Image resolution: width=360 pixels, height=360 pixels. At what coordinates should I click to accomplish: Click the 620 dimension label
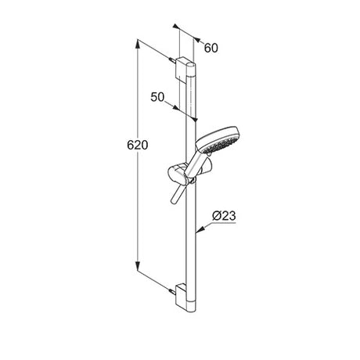(x=138, y=145)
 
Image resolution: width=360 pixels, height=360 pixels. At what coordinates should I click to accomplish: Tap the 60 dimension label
(x=211, y=48)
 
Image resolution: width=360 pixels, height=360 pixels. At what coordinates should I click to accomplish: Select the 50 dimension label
(x=157, y=97)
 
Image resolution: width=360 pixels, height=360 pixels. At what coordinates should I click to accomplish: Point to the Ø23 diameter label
(x=224, y=216)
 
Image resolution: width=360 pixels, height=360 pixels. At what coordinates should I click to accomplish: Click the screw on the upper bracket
(x=172, y=60)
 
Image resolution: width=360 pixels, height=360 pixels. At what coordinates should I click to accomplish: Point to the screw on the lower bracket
(x=172, y=290)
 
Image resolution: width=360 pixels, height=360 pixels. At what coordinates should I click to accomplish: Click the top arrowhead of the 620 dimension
(x=138, y=44)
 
